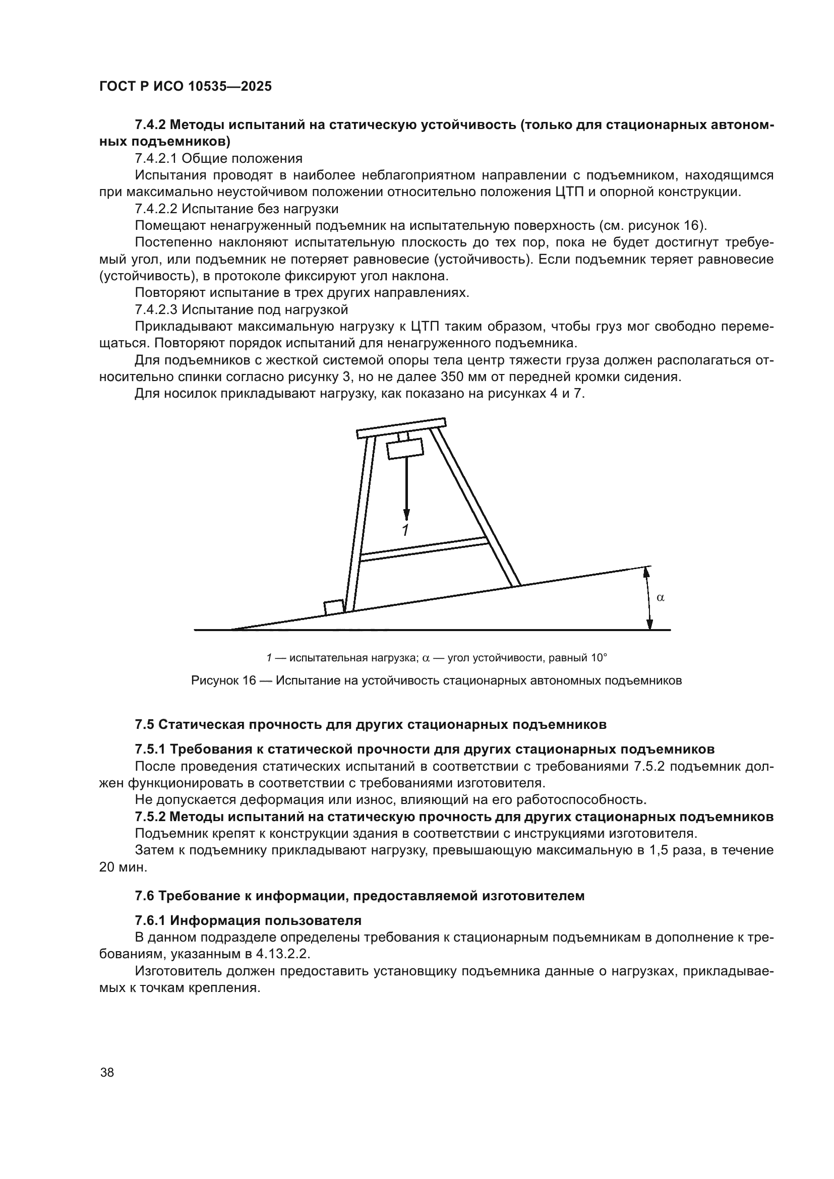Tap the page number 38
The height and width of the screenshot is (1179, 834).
[x=107, y=1072]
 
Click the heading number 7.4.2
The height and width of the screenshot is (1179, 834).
[x=150, y=125]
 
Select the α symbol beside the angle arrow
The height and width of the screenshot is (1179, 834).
[x=661, y=597]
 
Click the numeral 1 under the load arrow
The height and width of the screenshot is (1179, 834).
[x=405, y=530]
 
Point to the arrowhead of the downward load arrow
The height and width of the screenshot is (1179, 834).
[x=406, y=515]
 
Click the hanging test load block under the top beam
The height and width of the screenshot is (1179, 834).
[x=405, y=448]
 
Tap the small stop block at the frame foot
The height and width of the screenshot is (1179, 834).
[x=334, y=607]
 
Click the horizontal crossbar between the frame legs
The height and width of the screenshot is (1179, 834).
[x=424, y=549]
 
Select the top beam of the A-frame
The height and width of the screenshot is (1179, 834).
[x=401, y=427]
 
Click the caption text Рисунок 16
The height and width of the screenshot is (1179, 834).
[x=223, y=681]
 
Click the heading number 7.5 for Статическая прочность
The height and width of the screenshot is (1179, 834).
[x=144, y=724]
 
